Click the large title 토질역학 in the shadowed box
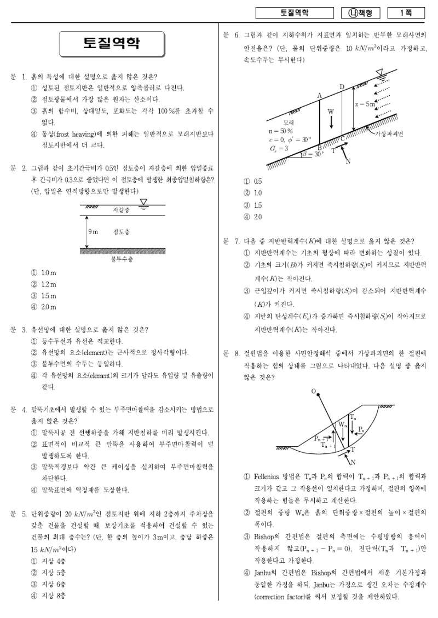tap(112, 43)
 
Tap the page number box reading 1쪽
tap(406, 13)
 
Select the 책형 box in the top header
tap(360, 13)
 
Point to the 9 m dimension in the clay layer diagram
tap(93, 232)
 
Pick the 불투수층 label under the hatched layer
tap(122, 259)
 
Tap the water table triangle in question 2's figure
tap(143, 202)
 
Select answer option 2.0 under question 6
tap(252, 217)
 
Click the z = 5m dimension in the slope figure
tap(365, 104)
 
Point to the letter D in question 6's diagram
tap(342, 87)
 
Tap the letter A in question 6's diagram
tap(320, 96)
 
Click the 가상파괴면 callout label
tap(389, 134)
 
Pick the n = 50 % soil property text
tap(281, 131)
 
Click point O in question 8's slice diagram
tap(314, 392)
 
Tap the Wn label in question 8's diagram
tap(342, 425)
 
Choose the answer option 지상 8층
tap(49, 596)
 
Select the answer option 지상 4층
tap(49, 561)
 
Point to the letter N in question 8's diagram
tap(353, 462)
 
